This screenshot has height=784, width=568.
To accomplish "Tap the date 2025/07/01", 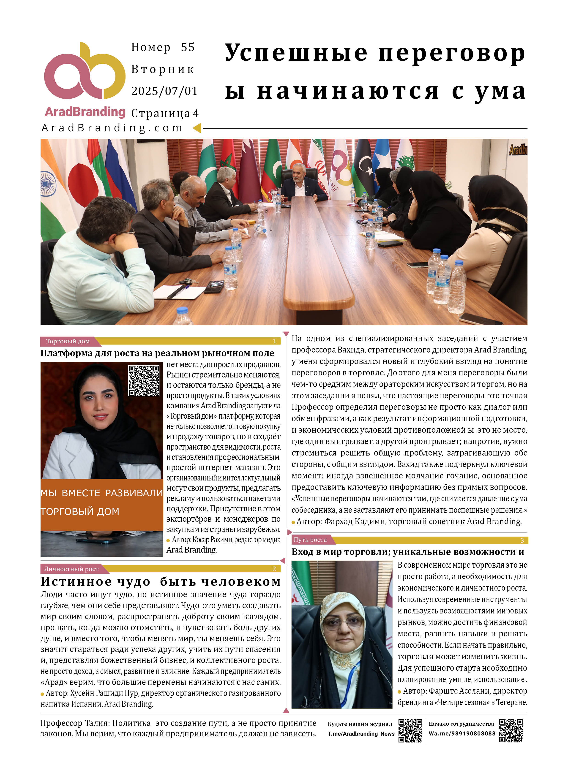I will click(164, 91).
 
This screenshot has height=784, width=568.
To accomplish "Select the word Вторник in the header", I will click(163, 69).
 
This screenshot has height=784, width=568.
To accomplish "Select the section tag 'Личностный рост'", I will click(71, 569).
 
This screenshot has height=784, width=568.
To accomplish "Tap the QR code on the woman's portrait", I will click(144, 380).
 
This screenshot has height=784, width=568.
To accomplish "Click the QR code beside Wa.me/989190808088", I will click(511, 730).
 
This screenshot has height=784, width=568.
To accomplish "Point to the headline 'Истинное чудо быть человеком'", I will click(161, 582).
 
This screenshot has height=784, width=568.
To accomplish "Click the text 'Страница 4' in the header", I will click(165, 113).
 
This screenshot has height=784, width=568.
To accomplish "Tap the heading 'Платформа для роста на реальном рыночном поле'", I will click(157, 353).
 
